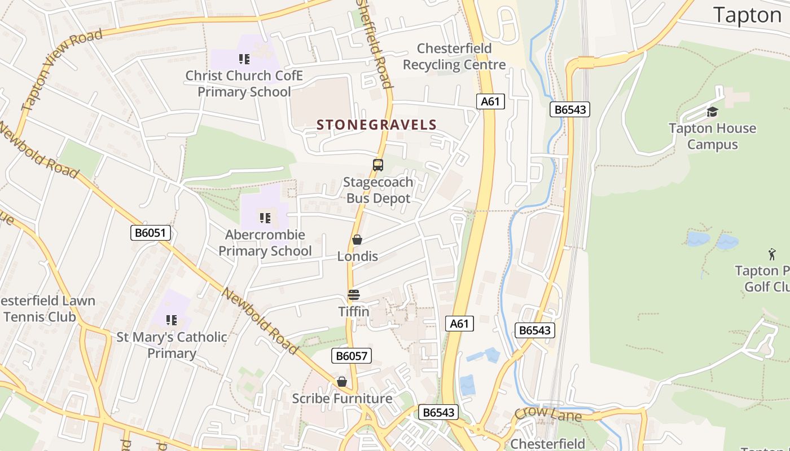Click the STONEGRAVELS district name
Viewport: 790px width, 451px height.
pyautogui.click(x=377, y=125)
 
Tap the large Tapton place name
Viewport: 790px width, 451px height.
pyautogui.click(x=747, y=15)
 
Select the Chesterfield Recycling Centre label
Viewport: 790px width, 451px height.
pyautogui.click(x=454, y=57)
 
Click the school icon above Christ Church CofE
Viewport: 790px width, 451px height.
pyautogui.click(x=244, y=59)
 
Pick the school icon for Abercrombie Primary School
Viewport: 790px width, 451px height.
pyautogui.click(x=265, y=218)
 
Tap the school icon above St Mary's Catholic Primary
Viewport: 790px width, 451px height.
pyautogui.click(x=172, y=320)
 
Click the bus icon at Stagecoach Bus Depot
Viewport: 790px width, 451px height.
pyautogui.click(x=378, y=165)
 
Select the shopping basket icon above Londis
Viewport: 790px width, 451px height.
pyautogui.click(x=357, y=240)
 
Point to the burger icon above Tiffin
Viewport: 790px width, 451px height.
pyautogui.click(x=354, y=294)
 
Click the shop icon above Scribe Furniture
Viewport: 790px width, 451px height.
pyautogui.click(x=341, y=382)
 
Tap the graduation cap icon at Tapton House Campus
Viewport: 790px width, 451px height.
pyautogui.click(x=712, y=112)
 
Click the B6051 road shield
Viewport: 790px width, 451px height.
pyautogui.click(x=151, y=233)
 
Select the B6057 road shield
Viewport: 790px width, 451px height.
pyautogui.click(x=351, y=356)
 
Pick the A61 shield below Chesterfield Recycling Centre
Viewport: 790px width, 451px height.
pyautogui.click(x=490, y=101)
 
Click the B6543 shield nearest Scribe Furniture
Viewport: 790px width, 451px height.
pyautogui.click(x=438, y=412)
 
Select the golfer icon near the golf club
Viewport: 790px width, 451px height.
pyautogui.click(x=772, y=254)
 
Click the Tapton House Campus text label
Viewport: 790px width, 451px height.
pyautogui.click(x=712, y=136)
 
